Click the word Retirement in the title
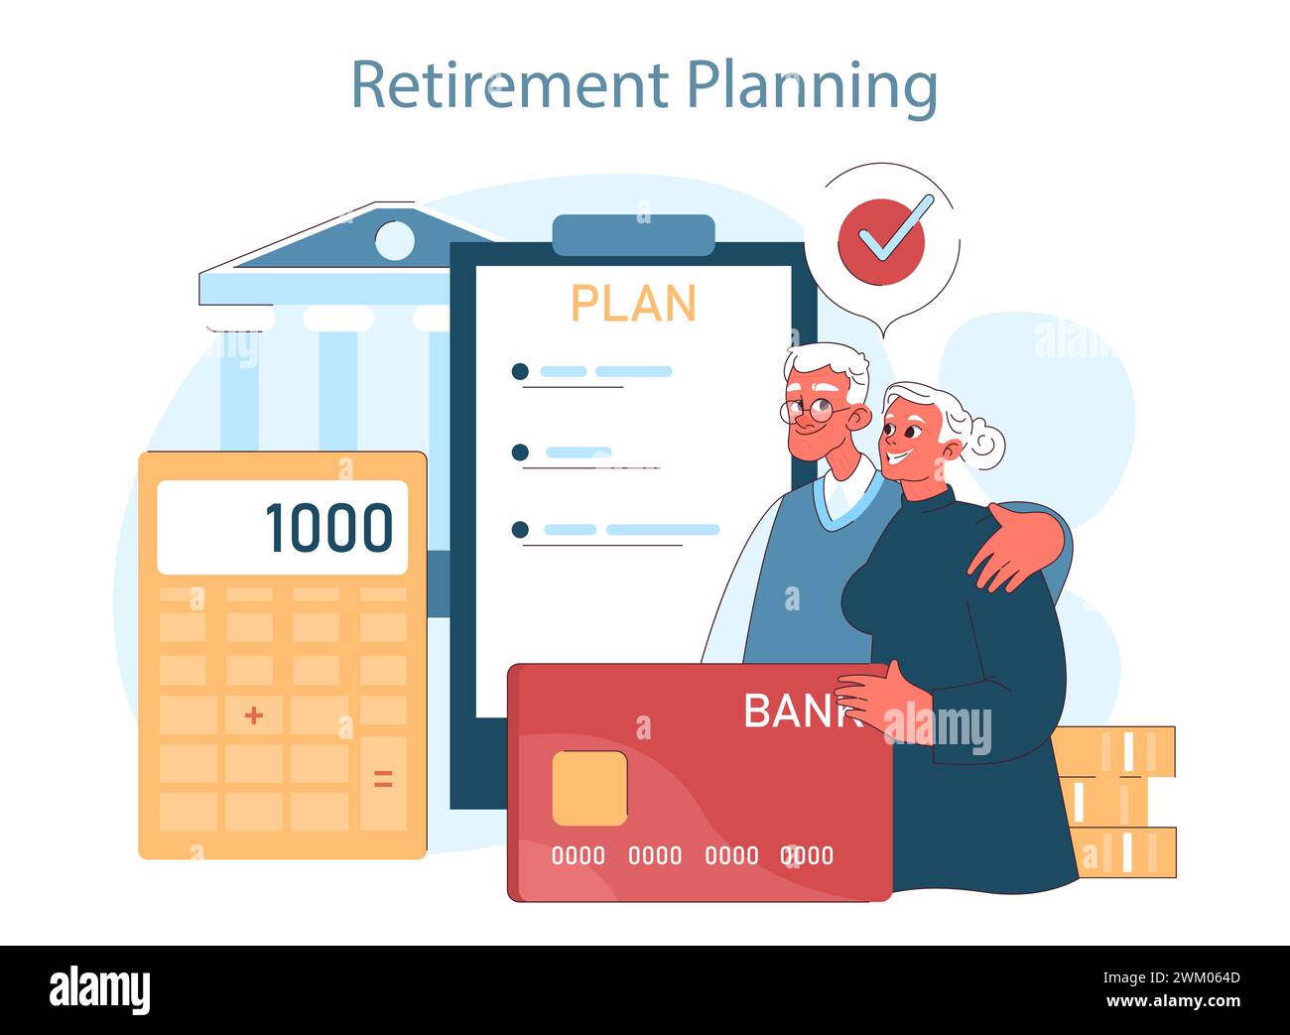(509, 84)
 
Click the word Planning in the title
(813, 88)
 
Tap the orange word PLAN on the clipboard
(633, 303)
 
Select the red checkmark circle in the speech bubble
(881, 242)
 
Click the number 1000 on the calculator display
(329, 527)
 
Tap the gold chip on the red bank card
(589, 788)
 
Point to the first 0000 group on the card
(579, 855)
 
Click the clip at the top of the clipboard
(634, 235)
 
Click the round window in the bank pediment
(394, 240)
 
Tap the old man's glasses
(814, 411)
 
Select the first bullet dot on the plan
(520, 372)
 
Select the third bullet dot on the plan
(520, 530)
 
